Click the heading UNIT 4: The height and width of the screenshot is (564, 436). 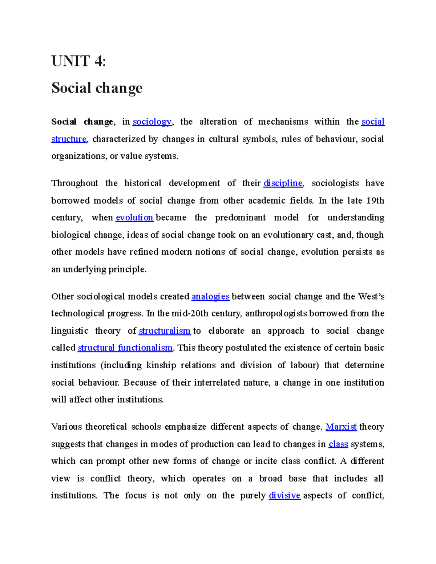pyautogui.click(x=78, y=61)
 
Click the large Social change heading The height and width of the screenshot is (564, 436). pyautogui.click(x=97, y=88)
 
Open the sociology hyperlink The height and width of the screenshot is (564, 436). pyautogui.click(x=152, y=122)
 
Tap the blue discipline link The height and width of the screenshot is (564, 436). pyautogui.click(x=283, y=183)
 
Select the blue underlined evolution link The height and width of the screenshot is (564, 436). pyautogui.click(x=134, y=218)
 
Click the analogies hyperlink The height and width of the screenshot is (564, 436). pyautogui.click(x=210, y=296)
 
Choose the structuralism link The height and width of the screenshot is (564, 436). pyautogui.click(x=165, y=331)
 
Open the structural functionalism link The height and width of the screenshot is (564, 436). pyautogui.click(x=125, y=348)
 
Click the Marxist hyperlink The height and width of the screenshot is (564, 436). pyautogui.click(x=341, y=427)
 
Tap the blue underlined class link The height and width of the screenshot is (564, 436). pyautogui.click(x=338, y=444)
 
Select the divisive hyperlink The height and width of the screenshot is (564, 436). pyautogui.click(x=284, y=496)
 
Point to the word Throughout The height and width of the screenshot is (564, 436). pyautogui.click(x=74, y=183)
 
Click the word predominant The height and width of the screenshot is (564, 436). pyautogui.click(x=240, y=218)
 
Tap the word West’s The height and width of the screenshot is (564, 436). pyautogui.click(x=371, y=296)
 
